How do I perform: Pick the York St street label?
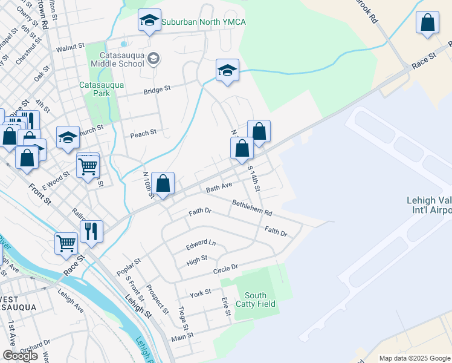199,293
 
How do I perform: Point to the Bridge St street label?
157,88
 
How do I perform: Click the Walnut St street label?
69,47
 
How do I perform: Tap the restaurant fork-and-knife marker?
91,230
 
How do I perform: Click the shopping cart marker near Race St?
66,243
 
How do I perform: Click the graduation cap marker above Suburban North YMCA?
149,21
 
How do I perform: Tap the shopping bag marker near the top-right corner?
427,23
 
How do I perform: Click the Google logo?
20,356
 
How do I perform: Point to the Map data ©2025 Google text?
415,358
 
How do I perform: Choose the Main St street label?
182,337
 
